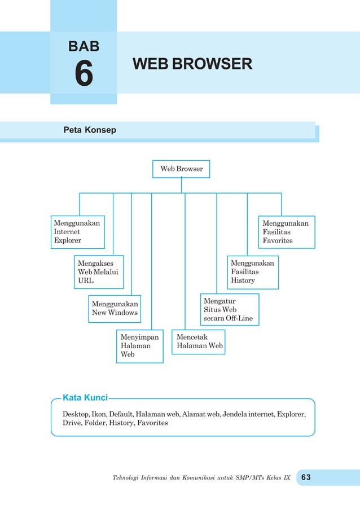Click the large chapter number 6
(84, 74)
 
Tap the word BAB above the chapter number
(84, 46)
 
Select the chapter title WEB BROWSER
(192, 64)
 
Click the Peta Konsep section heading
(90, 130)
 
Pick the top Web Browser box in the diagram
(181, 169)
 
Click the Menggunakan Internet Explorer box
(78, 232)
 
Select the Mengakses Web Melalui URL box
(99, 271)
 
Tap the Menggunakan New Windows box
(115, 308)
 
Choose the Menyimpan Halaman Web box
(139, 346)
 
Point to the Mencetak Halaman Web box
(199, 341)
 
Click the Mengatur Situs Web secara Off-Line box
(230, 310)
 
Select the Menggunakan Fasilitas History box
(253, 271)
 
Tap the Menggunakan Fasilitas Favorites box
(287, 232)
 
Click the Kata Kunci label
(85, 398)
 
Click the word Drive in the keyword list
(72, 423)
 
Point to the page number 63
(306, 477)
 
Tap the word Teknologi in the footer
(128, 478)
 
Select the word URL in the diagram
(86, 280)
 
